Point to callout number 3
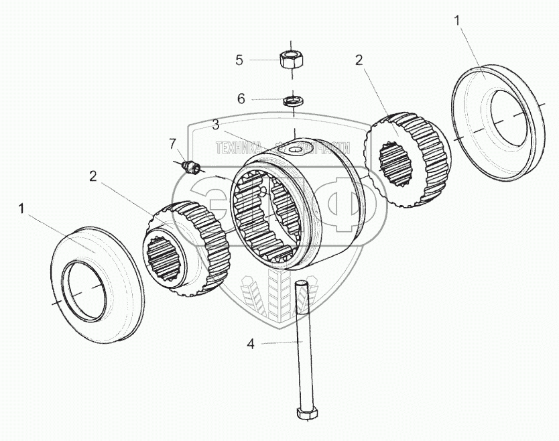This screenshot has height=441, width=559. pyautogui.click(x=216, y=125)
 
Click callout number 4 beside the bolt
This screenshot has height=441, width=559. pyautogui.click(x=251, y=344)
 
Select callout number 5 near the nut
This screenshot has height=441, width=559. pyautogui.click(x=239, y=60)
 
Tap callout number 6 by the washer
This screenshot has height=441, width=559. pyautogui.click(x=241, y=99)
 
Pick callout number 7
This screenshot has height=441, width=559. pyautogui.click(x=172, y=143)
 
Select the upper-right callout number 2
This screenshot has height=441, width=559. pyautogui.click(x=359, y=60)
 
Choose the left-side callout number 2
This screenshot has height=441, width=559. pyautogui.click(x=93, y=176)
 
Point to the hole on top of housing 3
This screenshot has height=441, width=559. pyautogui.click(x=295, y=148)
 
